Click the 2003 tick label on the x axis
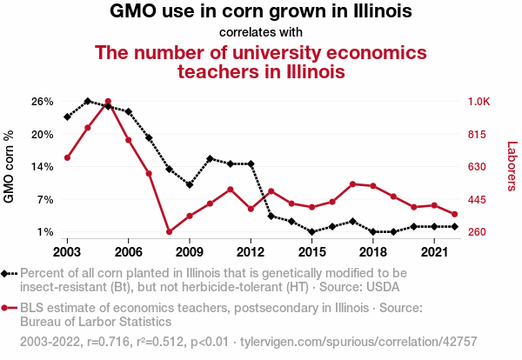(67, 252)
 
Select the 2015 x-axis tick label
(311, 252)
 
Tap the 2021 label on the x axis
(433, 252)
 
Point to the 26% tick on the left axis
(43, 102)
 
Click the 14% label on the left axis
(43, 167)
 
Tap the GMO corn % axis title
(10, 167)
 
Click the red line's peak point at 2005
(108, 102)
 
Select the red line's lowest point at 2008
(169, 232)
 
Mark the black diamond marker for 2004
(88, 102)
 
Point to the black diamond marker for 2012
(251, 163)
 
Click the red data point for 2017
(352, 183)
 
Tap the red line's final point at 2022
(454, 214)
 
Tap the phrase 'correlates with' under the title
(261, 33)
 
